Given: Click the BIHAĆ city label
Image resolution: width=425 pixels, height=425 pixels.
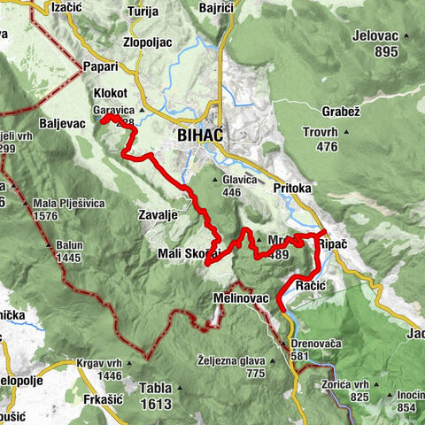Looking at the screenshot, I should coord(200,135).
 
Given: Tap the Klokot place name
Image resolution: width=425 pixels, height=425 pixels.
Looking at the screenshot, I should coord(110,94).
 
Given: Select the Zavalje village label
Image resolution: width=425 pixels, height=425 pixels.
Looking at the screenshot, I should coord(160,214).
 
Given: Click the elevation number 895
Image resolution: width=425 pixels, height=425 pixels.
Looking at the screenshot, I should coord(386,52).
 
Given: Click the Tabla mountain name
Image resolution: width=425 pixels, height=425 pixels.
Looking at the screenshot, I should coord(155,387).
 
